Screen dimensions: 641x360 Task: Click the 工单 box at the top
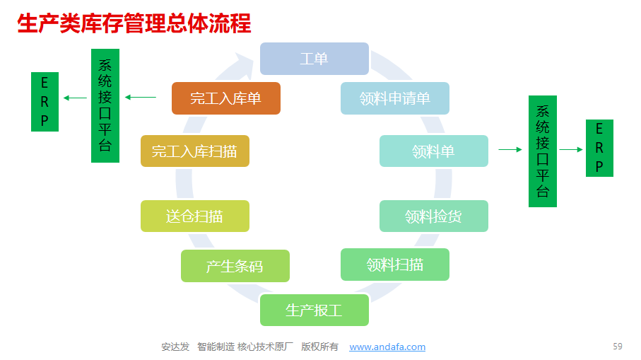pos(314,59)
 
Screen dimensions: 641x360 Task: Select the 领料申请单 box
pos(395,98)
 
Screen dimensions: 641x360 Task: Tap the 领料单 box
pos(434,151)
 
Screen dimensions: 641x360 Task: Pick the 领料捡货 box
pos(434,216)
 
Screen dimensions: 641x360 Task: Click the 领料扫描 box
pos(395,265)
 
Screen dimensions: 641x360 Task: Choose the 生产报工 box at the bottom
pos(314,310)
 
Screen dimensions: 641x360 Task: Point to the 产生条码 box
pos(235,266)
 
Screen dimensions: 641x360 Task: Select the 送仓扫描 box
pos(195,216)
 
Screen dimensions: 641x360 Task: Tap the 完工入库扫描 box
pos(195,151)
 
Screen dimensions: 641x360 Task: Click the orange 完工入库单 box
pos(226,98)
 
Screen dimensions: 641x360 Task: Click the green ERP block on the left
pos(45,102)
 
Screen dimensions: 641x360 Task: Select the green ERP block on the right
pos(599,148)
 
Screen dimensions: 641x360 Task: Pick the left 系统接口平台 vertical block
pos(105,105)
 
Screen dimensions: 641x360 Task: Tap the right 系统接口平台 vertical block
pos(543,151)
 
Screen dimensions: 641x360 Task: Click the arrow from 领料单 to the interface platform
pos(510,150)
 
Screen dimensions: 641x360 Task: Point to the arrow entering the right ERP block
pos(571,150)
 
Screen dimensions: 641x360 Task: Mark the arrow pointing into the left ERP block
pos(75,98)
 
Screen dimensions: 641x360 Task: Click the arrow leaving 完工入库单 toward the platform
pos(140,98)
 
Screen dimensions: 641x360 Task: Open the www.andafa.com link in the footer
pos(387,347)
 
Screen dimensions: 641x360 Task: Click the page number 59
pos(617,347)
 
